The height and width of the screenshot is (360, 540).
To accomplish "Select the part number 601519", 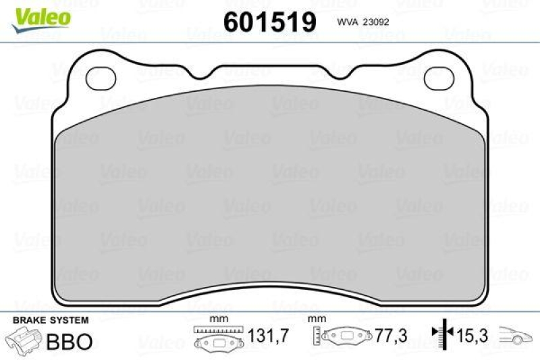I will point(270,22).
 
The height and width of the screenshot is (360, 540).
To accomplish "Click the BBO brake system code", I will point(68,340).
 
